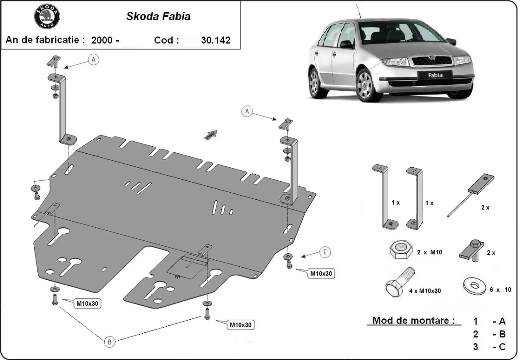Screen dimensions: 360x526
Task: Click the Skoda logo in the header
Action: pos(47,17)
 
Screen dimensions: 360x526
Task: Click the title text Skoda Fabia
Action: pos(158,17)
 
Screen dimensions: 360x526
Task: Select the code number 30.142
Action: pos(215,40)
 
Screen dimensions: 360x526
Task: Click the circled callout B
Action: pos(110,342)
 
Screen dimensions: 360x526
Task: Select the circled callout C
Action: pos(325,252)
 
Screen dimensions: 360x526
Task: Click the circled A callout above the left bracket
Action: pos(93,60)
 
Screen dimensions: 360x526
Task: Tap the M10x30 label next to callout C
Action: pos(322,274)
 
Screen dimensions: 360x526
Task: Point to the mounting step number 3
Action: pos(476,347)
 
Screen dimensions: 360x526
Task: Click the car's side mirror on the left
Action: pos(346,44)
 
